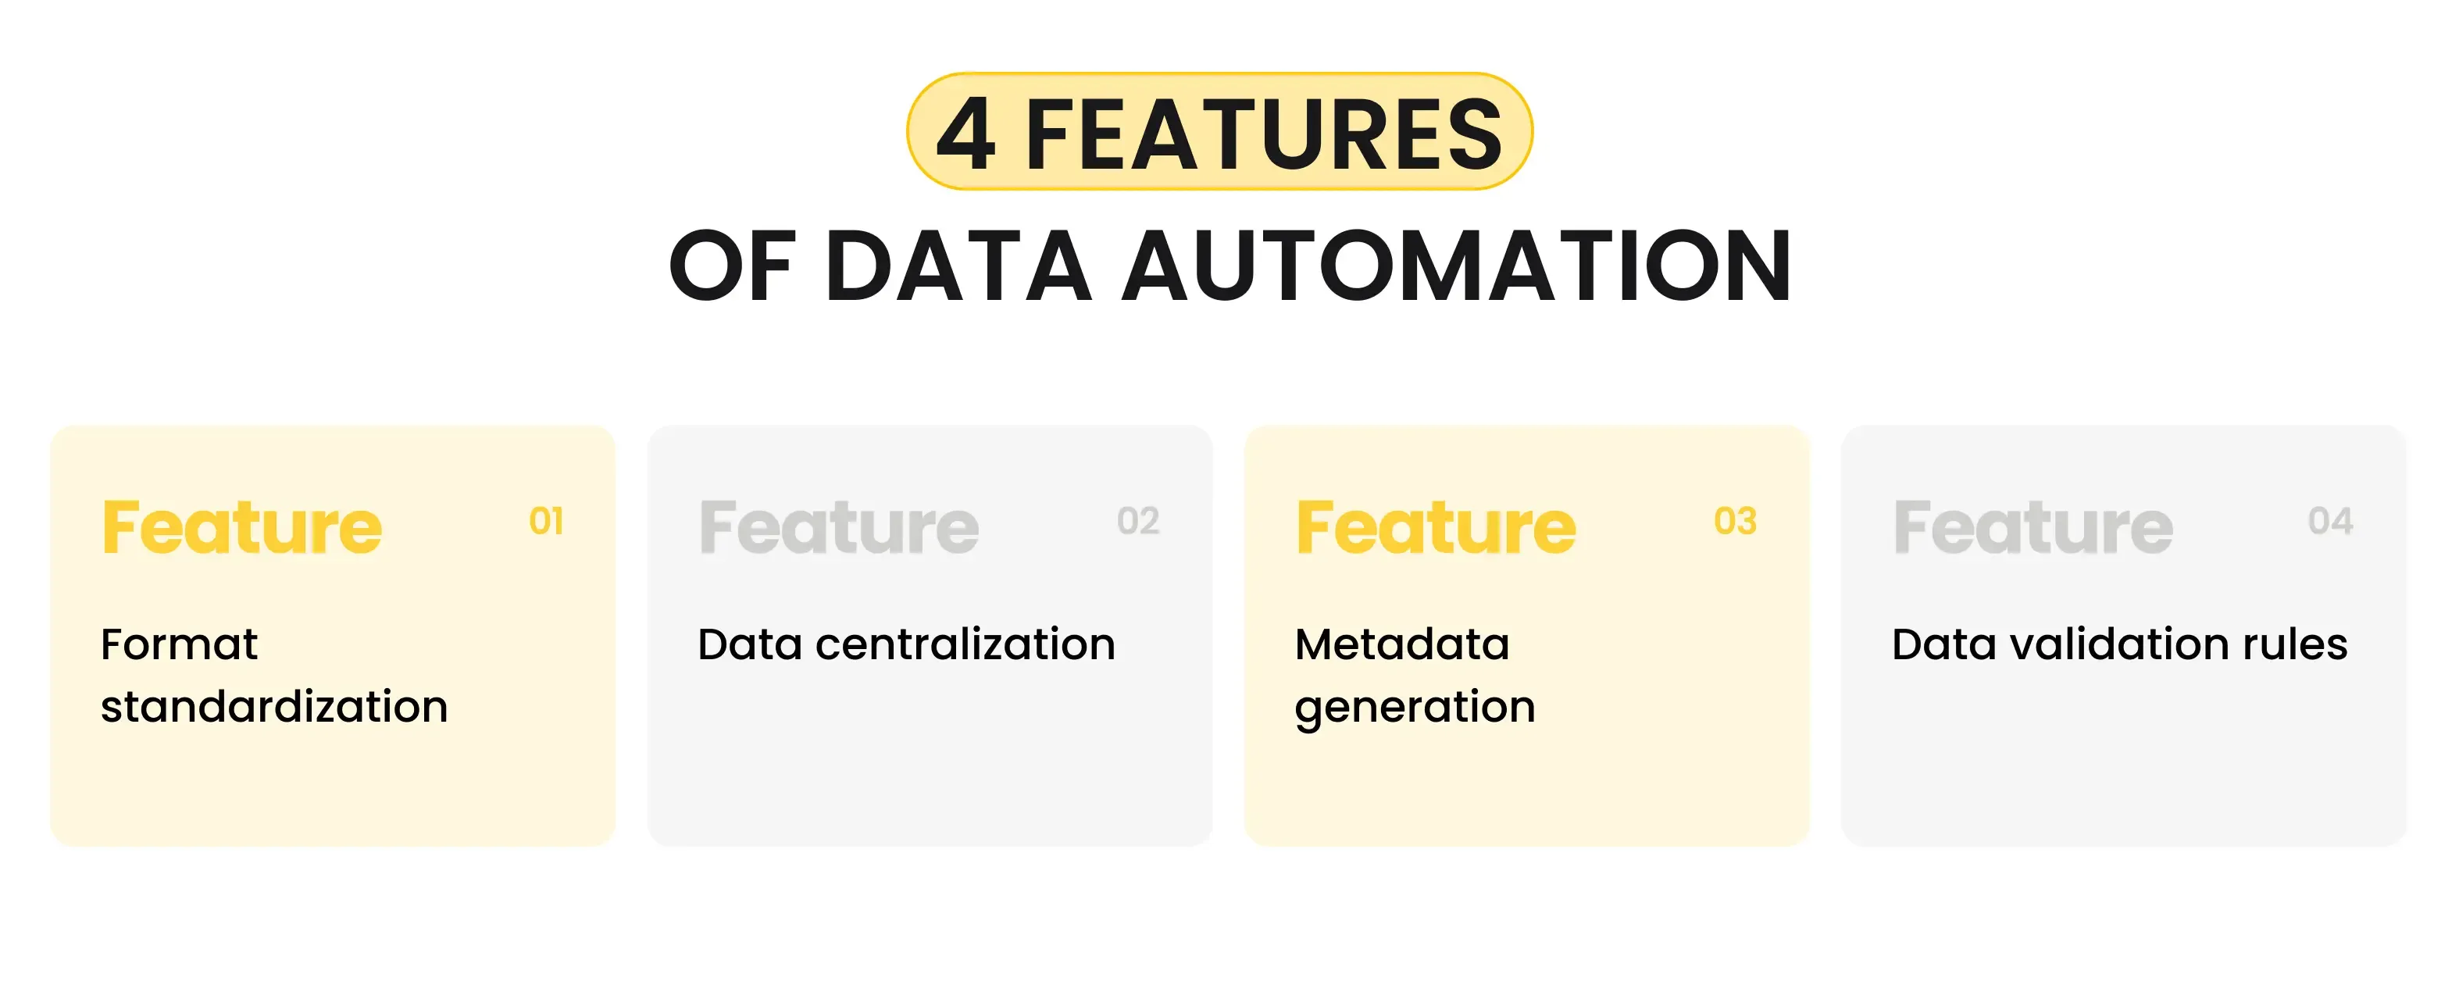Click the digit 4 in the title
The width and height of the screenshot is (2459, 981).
click(x=967, y=134)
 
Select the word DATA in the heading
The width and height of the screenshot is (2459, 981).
click(x=958, y=266)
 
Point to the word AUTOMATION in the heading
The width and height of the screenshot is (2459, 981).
click(x=1456, y=266)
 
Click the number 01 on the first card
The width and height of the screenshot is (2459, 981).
click(x=546, y=521)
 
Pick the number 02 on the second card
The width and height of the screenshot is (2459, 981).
click(x=1138, y=521)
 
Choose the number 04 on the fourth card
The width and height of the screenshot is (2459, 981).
click(x=2330, y=521)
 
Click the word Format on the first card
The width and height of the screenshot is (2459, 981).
click(x=180, y=644)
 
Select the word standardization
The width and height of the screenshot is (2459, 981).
click(x=274, y=707)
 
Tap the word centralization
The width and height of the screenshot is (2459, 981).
click(x=965, y=644)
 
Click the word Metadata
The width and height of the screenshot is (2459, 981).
click(x=1401, y=644)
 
